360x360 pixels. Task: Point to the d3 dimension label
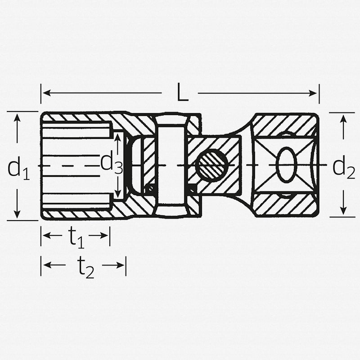coord(111,162)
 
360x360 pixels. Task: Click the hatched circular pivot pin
coord(211,165)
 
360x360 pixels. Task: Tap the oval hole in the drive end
coord(286,165)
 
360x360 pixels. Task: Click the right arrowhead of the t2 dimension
coord(121,265)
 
